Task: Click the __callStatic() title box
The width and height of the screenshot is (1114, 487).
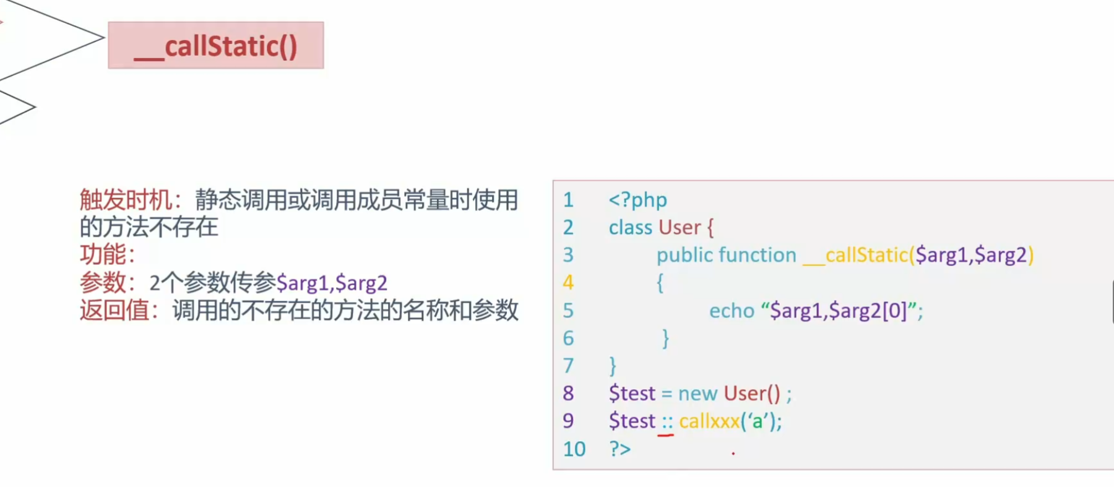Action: [215, 46]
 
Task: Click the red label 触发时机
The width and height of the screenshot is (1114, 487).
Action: [126, 200]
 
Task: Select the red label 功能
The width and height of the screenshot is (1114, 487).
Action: [103, 254]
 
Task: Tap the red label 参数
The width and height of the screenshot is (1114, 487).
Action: [103, 283]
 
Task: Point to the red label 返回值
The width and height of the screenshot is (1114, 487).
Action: [114, 310]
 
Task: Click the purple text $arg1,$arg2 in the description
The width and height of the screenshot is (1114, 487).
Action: [332, 283]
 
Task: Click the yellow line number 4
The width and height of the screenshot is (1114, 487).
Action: [568, 283]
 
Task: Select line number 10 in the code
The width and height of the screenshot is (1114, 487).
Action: [574, 449]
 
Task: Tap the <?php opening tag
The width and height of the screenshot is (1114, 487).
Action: [637, 200]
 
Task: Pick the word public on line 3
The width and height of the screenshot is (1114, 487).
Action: [684, 255]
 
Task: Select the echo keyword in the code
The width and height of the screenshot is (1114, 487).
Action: [732, 311]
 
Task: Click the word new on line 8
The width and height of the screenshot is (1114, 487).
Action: [697, 394]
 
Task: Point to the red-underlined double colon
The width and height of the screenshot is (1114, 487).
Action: [667, 423]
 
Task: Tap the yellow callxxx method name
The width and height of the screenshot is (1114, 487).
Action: [709, 421]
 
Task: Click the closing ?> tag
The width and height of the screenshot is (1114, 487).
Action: [620, 449]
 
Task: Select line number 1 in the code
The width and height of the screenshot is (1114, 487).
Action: [568, 200]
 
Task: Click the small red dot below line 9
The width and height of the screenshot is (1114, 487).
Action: [733, 454]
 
